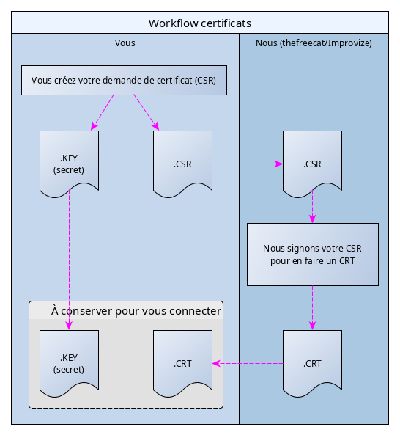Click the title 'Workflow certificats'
(200, 23)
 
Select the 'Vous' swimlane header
(125, 43)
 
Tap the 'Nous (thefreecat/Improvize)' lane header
(314, 43)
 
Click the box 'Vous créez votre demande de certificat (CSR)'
(124, 81)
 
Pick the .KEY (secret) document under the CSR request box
(70, 164)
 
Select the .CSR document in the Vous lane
(183, 164)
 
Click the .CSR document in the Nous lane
(313, 164)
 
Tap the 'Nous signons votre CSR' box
(313, 255)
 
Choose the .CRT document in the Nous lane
(313, 363)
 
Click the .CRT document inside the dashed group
(183, 363)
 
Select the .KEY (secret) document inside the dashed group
(70, 363)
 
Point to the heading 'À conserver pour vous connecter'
(136, 311)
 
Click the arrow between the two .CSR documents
(248, 164)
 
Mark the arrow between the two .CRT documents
(248, 363)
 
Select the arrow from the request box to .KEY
(103, 112)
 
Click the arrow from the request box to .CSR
(147, 112)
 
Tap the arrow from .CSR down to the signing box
(313, 207)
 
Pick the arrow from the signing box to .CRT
(313, 308)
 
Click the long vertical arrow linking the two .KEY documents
(70, 260)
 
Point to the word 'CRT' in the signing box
(347, 261)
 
